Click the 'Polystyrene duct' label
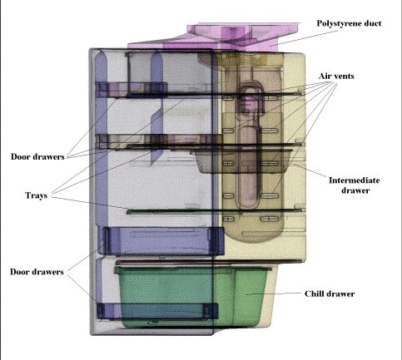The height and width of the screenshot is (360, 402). tap(349, 23)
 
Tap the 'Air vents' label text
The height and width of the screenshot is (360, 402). tap(336, 76)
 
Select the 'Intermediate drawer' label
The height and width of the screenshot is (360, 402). tap(355, 185)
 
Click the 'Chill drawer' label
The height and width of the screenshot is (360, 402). tap(330, 293)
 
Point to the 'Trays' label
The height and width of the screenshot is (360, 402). tap(37, 195)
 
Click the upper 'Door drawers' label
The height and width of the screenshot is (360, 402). tap(37, 156)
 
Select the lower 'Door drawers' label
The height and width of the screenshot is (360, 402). tap(37, 272)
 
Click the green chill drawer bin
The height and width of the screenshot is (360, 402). tap(191, 297)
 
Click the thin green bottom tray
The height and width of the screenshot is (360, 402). tap(214, 211)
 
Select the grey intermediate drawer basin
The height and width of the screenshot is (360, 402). tap(241, 161)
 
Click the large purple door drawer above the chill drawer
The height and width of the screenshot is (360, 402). tap(161, 240)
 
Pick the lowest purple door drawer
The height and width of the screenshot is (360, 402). tap(157, 311)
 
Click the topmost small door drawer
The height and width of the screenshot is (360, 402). tap(132, 90)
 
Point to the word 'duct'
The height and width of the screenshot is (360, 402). tap(371, 23)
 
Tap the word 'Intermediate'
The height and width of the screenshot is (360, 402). tap(355, 180)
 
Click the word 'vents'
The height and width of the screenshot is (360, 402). tap(344, 76)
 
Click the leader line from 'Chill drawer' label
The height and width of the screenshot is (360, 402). tap(274, 293)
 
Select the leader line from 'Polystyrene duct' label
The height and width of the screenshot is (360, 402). tap(305, 37)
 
